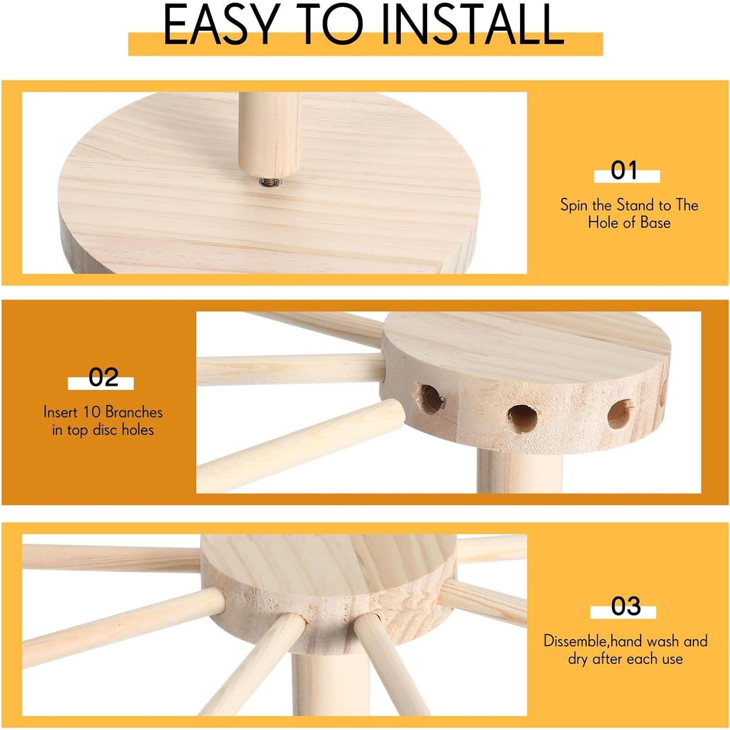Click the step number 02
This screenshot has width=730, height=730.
click(x=103, y=377)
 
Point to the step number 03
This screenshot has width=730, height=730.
click(x=626, y=606)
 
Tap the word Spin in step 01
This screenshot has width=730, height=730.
click(x=574, y=206)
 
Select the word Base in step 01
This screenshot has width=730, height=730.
click(x=655, y=223)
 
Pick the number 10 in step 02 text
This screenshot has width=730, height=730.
click(x=91, y=412)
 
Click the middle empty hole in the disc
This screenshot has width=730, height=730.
click(x=523, y=418)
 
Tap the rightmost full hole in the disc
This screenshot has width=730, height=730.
click(x=620, y=414)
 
